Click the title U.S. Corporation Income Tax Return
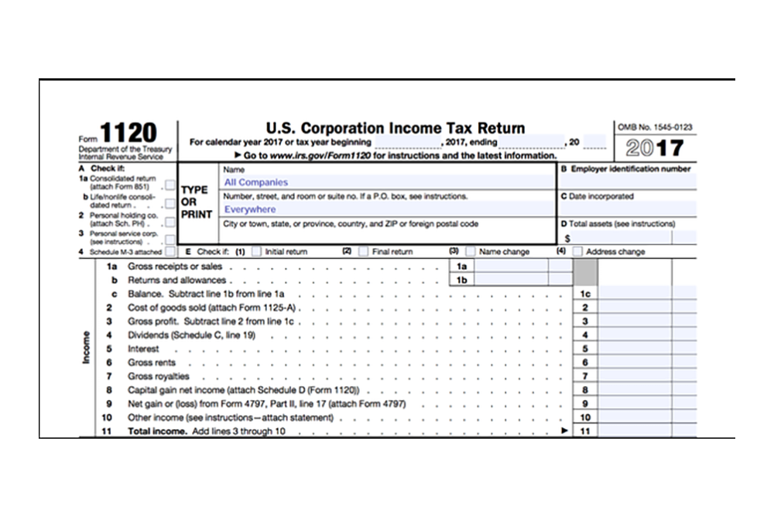395,128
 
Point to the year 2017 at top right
654,147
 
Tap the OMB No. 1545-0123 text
654,126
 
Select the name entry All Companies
256,182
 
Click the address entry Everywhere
250,209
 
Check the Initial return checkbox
256,251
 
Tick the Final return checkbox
363,251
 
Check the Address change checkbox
577,251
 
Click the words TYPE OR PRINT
196,202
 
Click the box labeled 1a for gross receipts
461,266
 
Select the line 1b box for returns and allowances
461,280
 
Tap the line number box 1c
585,295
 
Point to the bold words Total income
158,431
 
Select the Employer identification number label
625,169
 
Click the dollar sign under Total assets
567,238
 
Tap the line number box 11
585,431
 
